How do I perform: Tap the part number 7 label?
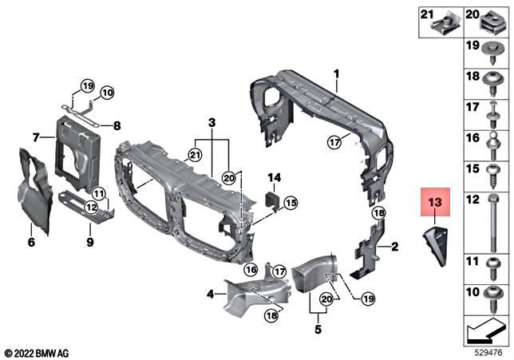click(36, 137)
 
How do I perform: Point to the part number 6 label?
click(31, 242)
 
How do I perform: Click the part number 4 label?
click(210, 295)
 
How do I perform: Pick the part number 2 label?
click(394, 248)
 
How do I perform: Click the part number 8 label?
click(117, 125)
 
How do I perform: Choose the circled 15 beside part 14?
click(290, 203)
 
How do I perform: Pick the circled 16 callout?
click(250, 270)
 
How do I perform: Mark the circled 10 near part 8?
click(107, 92)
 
